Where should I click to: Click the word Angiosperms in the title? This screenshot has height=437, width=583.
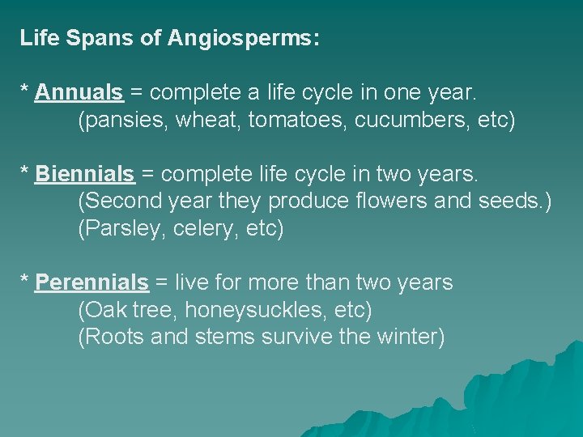click(x=243, y=38)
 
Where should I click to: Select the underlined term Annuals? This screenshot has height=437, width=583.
click(x=79, y=93)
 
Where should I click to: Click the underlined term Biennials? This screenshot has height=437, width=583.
click(x=84, y=174)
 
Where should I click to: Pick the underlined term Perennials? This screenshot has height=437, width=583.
click(x=91, y=283)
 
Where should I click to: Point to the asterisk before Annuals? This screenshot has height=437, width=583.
click(x=24, y=91)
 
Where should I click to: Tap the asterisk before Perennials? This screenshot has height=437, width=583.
click(x=24, y=282)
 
